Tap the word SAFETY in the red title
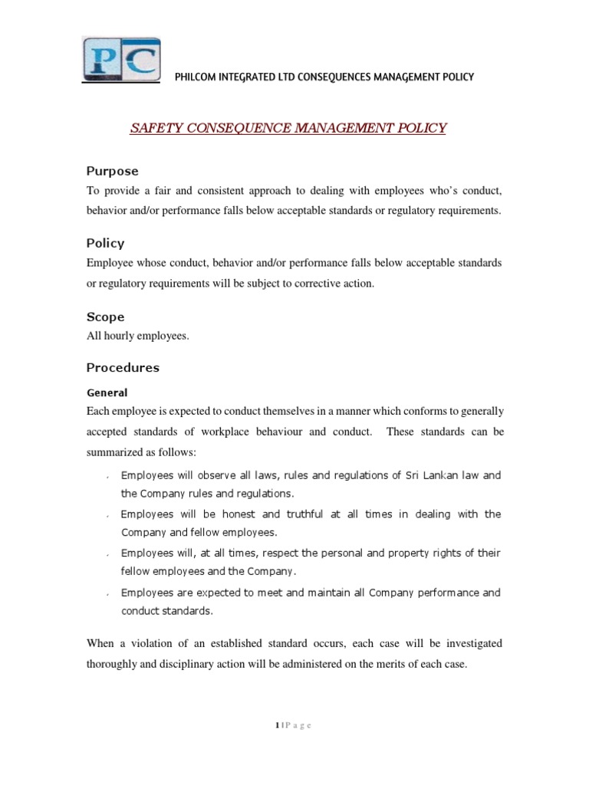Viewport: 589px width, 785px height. click(153, 128)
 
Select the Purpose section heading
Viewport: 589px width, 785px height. click(112, 170)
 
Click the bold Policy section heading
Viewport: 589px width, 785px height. click(105, 243)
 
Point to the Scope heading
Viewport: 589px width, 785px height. click(105, 317)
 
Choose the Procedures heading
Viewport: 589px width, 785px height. click(123, 367)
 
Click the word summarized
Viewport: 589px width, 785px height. click(119, 452)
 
